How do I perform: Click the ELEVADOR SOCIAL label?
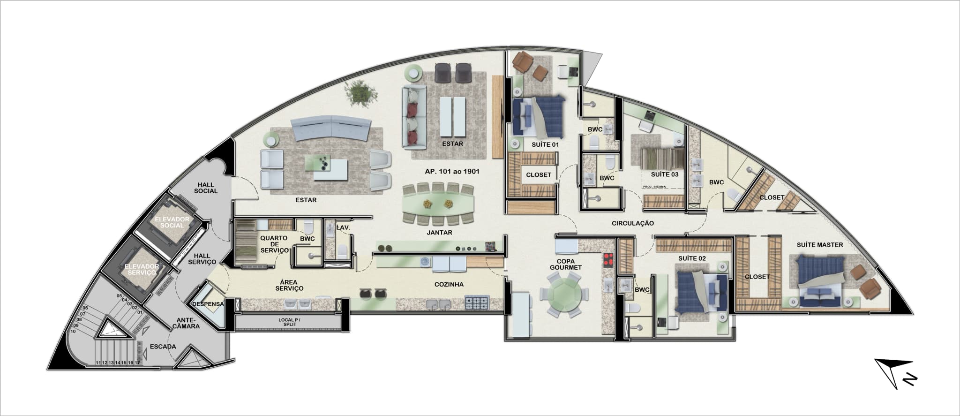(172, 222)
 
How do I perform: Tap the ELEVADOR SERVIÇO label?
(142, 269)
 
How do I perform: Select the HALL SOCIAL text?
(206, 188)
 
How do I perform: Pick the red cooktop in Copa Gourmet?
(607, 259)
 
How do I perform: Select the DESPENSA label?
(208, 304)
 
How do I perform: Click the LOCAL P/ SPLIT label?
(290, 322)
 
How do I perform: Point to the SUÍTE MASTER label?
(820, 245)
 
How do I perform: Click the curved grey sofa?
(331, 129)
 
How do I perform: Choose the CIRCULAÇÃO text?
(632, 223)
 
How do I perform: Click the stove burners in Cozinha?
(477, 303)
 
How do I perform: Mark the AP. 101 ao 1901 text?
(452, 172)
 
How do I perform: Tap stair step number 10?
(73, 331)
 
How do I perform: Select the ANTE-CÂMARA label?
(188, 323)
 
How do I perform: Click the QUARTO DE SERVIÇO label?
(274, 244)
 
